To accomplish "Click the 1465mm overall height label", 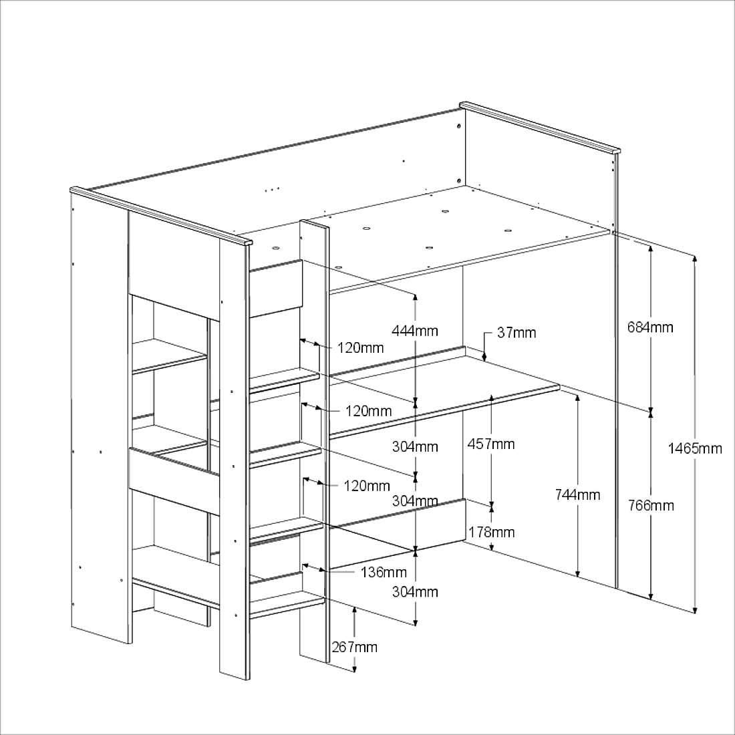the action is pyautogui.click(x=695, y=448).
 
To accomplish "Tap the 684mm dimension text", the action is pyautogui.click(x=650, y=327).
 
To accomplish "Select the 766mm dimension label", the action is pyautogui.click(x=651, y=505).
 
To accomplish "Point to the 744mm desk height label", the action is pyautogui.click(x=577, y=494).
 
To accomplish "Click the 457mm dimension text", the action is pyautogui.click(x=491, y=444).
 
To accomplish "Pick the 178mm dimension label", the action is pyautogui.click(x=492, y=532).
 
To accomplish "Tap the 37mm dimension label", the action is pyautogui.click(x=516, y=333).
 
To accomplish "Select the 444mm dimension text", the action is pyautogui.click(x=415, y=331).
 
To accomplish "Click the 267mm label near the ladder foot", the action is pyautogui.click(x=354, y=647).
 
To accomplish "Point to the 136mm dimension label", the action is pyautogui.click(x=384, y=572).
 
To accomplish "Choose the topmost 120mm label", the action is pyautogui.click(x=360, y=348).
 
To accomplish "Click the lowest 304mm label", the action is pyautogui.click(x=415, y=592).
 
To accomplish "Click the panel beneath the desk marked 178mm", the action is pyautogui.click(x=396, y=535).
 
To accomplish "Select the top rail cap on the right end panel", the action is pyautogui.click(x=540, y=127).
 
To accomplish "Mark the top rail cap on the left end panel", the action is pyautogui.click(x=161, y=216).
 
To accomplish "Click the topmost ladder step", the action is pyautogui.click(x=284, y=380).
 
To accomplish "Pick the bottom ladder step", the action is pyautogui.click(x=287, y=604).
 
